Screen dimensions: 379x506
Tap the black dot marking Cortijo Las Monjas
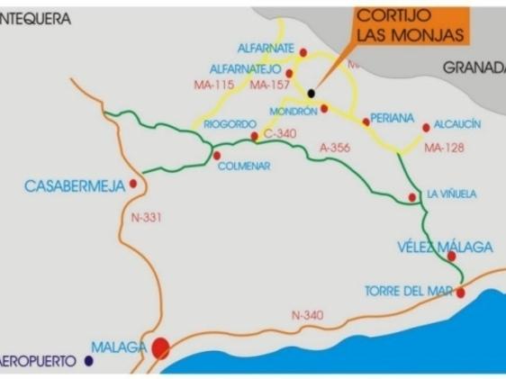(x=311, y=92)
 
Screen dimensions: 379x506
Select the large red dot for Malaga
(x=162, y=347)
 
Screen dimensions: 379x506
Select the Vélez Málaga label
(x=433, y=246)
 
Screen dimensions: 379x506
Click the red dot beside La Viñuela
(x=412, y=196)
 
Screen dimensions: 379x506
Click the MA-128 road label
(x=443, y=148)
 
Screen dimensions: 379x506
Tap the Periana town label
(x=392, y=118)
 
